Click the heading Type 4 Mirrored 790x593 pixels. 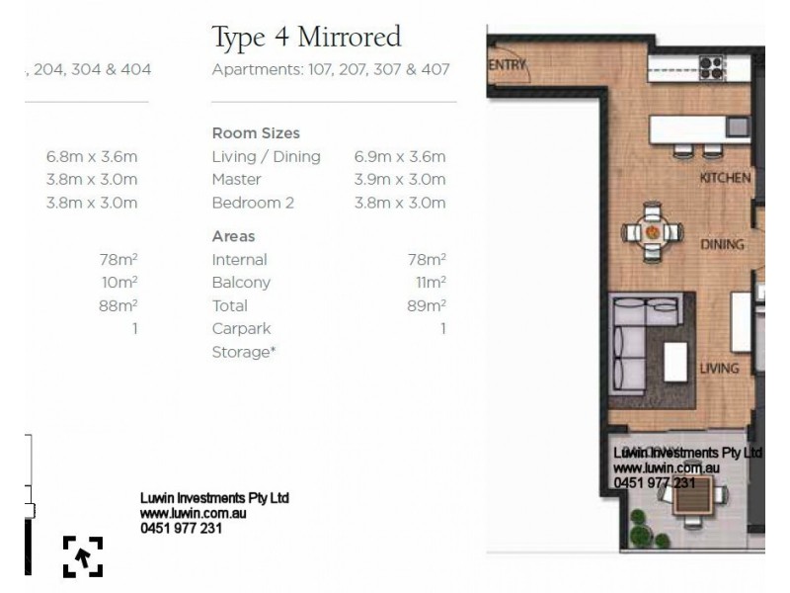click(x=306, y=38)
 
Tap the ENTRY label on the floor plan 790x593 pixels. click(x=509, y=65)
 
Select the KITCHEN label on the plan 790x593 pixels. click(x=725, y=178)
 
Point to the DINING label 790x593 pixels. click(x=722, y=244)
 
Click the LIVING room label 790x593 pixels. click(x=719, y=369)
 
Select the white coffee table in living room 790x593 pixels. click(x=675, y=362)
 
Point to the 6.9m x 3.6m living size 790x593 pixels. click(x=399, y=156)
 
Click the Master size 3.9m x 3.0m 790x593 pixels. click(x=399, y=179)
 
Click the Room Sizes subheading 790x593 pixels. click(x=256, y=133)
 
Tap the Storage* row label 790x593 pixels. click(x=243, y=352)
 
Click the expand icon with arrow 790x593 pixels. click(x=83, y=556)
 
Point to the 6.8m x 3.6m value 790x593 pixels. click(x=91, y=156)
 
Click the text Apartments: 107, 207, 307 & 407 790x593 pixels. click(x=331, y=70)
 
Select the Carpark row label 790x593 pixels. click(x=241, y=328)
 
